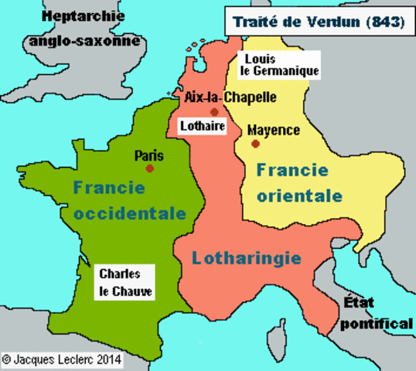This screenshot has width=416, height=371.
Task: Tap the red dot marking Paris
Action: pos(149,168)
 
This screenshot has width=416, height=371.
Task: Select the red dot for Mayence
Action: pos(254,143)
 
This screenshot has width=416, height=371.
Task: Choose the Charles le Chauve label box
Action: pos(124,282)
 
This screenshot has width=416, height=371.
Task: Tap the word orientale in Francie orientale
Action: pos(300,195)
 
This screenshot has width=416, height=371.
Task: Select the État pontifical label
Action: pos(374,313)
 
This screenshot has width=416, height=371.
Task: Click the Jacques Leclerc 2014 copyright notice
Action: pos(62,359)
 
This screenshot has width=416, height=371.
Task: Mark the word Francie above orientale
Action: pos(292,170)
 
